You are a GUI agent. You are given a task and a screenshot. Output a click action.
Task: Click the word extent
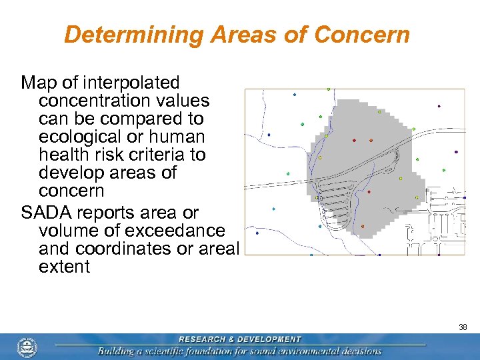point(64,267)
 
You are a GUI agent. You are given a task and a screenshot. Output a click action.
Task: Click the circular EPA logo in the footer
point(27,347)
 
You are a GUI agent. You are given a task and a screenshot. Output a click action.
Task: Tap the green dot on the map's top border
point(328,89)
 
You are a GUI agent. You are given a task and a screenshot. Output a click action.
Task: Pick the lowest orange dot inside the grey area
point(363,226)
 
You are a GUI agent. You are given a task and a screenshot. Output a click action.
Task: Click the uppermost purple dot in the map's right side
point(439,106)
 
